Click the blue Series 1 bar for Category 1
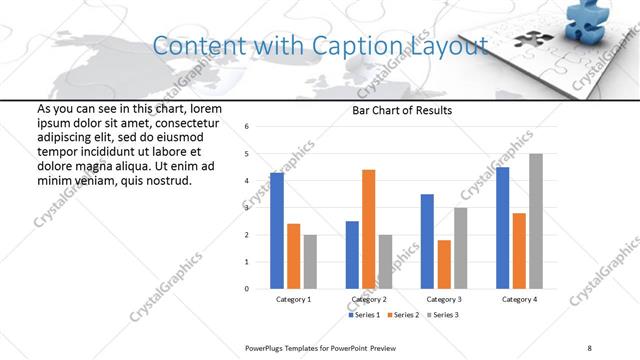click(x=277, y=231)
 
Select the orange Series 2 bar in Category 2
click(x=368, y=229)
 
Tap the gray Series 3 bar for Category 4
click(x=536, y=221)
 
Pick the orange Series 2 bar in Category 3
click(x=444, y=264)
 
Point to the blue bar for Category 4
click(x=502, y=228)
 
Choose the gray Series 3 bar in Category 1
click(x=310, y=262)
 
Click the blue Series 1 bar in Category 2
click(x=352, y=255)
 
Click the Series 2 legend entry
click(x=405, y=314)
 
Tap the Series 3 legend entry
click(x=444, y=314)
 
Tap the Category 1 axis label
click(x=293, y=299)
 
